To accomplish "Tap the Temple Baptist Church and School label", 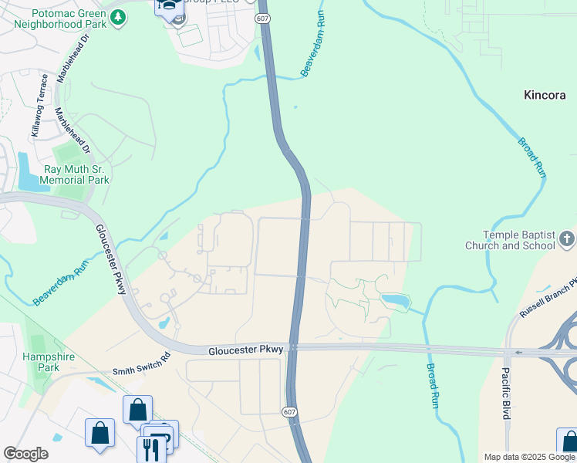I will pyautogui.click(x=509, y=240).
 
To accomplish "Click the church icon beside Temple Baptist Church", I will pyautogui.click(x=567, y=238).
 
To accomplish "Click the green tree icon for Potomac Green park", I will pyautogui.click(x=117, y=17).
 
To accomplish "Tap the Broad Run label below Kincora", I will pyautogui.click(x=531, y=158).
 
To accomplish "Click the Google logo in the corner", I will pyautogui.click(x=25, y=454).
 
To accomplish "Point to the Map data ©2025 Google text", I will pyautogui.click(x=528, y=457).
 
